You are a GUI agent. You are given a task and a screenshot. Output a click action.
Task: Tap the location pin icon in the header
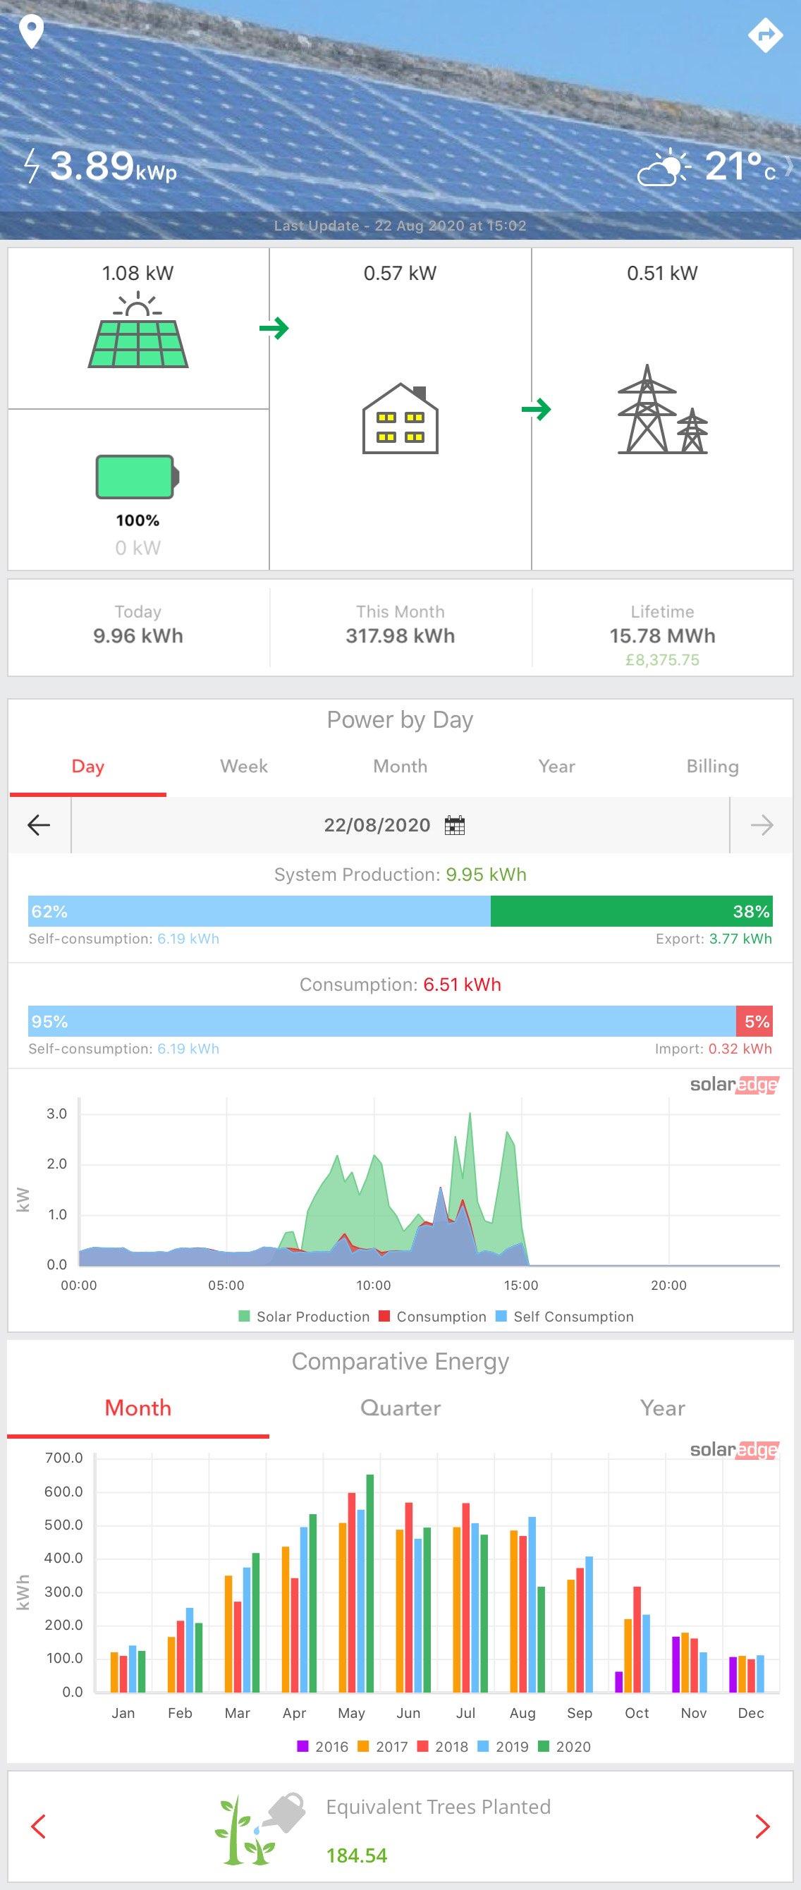click(32, 33)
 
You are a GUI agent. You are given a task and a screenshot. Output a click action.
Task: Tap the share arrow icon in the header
click(766, 34)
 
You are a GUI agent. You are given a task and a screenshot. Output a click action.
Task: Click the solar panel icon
click(138, 331)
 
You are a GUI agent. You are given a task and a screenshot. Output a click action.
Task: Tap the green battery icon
click(138, 476)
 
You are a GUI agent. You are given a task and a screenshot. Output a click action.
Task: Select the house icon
click(400, 418)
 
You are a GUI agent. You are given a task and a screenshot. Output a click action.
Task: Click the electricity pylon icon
click(662, 410)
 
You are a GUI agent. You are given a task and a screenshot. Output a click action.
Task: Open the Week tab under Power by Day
click(243, 766)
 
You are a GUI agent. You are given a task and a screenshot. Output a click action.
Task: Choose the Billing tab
click(712, 766)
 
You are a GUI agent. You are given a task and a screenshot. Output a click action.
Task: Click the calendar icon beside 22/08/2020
click(455, 825)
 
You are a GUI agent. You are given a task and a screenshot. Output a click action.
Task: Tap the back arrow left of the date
click(39, 825)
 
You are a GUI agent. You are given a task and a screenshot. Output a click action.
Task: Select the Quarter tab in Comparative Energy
click(400, 1408)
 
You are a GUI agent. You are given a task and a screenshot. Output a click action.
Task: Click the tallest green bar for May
click(369, 1583)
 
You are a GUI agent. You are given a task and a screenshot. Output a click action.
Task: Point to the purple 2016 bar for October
click(618, 1682)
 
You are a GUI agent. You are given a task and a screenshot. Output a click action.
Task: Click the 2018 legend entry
click(443, 1746)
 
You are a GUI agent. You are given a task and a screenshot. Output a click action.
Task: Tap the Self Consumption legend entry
click(565, 1316)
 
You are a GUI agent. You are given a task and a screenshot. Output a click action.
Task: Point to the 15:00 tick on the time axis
click(521, 1285)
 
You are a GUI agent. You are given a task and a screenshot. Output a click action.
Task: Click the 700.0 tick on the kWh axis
click(64, 1458)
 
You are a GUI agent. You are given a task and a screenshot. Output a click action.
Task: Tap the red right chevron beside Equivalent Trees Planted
click(763, 1826)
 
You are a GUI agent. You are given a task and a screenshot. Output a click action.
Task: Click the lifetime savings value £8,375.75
click(662, 659)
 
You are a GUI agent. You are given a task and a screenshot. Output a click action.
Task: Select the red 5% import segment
click(754, 1021)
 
